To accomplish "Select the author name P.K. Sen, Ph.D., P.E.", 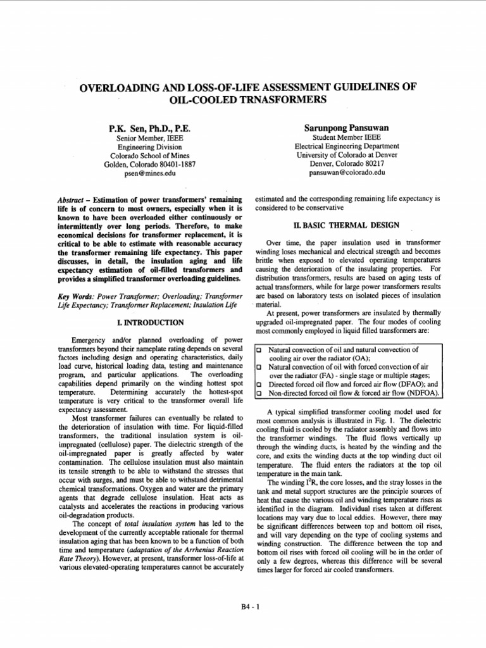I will coord(150,128).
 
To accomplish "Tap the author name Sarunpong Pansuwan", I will coord(347,128).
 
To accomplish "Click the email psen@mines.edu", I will coord(150,173).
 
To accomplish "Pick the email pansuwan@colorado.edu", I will coord(347,172).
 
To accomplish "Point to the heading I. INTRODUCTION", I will coord(150,323).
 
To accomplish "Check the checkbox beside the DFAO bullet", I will coord(258,384).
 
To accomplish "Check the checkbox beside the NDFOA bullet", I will coord(258,393).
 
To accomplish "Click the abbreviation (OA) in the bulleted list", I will coord(359,358).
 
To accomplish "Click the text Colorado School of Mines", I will coord(150,155).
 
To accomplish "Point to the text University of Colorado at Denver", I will coord(347,155).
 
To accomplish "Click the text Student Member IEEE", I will coord(347,137).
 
